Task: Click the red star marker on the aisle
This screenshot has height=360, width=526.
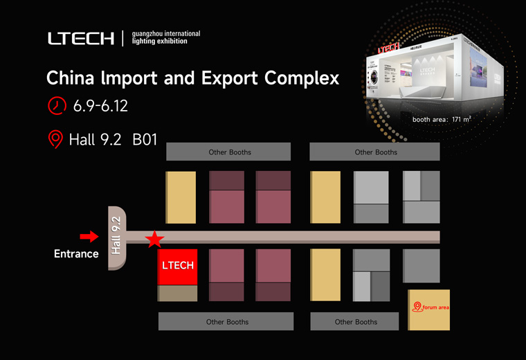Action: [x=154, y=240]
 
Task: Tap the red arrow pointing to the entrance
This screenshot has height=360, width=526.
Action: [x=89, y=237]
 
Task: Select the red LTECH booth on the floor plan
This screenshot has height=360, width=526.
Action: [x=178, y=267]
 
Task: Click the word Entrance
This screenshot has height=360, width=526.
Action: [x=76, y=254]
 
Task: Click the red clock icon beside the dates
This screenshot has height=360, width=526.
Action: [x=56, y=106]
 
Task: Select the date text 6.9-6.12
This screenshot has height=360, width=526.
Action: [x=100, y=107]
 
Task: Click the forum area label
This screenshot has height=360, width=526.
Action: [x=435, y=307]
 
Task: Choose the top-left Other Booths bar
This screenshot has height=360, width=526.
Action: [x=229, y=152]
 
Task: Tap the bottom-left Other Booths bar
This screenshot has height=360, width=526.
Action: [x=227, y=322]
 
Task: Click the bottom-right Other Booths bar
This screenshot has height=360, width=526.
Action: [x=355, y=322]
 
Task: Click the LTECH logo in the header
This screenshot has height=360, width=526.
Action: [x=81, y=39]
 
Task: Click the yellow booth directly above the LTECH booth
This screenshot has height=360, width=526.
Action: [x=181, y=197]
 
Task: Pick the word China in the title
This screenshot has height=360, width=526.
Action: [x=68, y=78]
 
